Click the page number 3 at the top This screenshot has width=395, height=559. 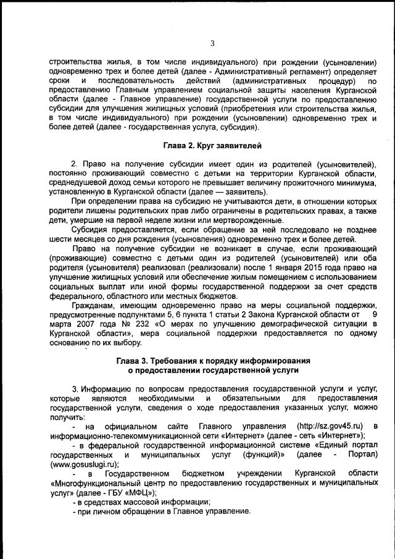212,43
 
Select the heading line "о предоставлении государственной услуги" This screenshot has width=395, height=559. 212,370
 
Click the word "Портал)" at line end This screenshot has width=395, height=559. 361,455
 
